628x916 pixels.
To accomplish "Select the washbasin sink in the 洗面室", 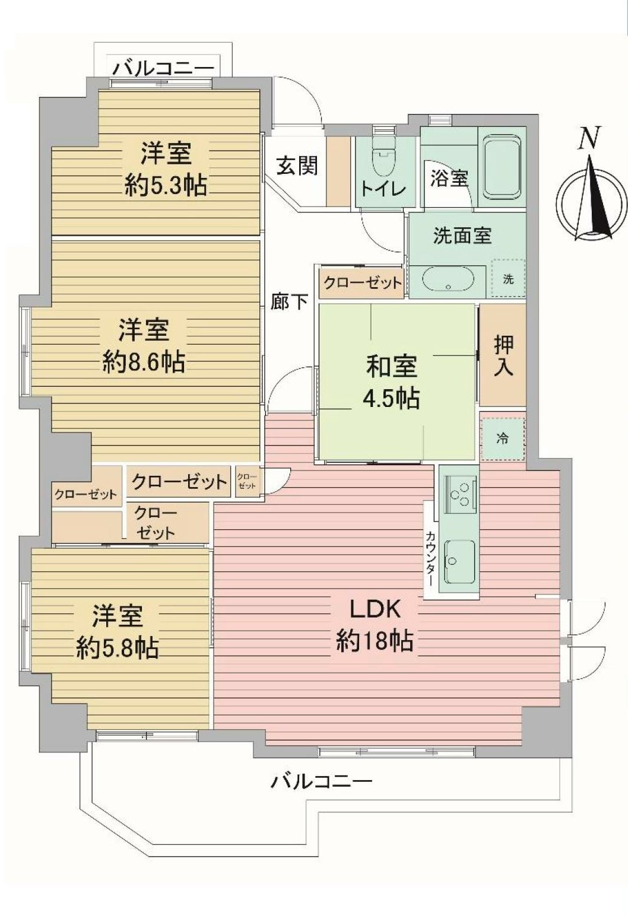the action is click(448, 280).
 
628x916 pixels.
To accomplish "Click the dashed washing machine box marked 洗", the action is click(508, 278).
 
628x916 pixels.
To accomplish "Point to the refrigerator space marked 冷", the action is click(503, 439).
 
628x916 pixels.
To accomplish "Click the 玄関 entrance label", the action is click(297, 166).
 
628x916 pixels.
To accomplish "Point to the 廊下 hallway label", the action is click(289, 302).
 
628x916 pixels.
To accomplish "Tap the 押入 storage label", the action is click(503, 356).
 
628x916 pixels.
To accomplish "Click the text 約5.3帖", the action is click(166, 185).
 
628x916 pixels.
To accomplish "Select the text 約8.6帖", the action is click(144, 361).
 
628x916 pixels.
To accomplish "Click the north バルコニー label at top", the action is click(164, 68).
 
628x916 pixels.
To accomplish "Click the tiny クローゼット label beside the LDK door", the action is click(248, 481).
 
